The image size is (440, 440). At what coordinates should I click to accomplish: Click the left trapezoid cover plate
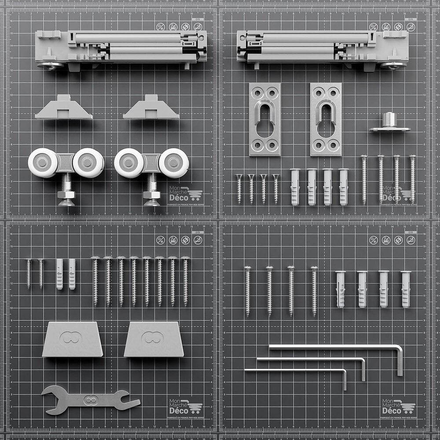(x=72, y=339)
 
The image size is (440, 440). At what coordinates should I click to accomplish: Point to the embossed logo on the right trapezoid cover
(x=153, y=338)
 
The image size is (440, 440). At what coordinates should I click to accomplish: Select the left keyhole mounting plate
(x=265, y=119)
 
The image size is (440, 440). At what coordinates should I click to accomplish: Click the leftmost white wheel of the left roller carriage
(x=43, y=163)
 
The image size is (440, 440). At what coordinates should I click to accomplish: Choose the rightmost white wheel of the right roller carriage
(x=174, y=163)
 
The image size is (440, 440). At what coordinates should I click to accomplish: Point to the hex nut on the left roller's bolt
(x=66, y=194)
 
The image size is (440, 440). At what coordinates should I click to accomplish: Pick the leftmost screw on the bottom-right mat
(x=248, y=291)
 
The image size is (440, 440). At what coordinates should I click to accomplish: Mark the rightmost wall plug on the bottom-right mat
(x=406, y=289)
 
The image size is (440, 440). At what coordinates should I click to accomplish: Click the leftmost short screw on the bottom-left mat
(x=29, y=273)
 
